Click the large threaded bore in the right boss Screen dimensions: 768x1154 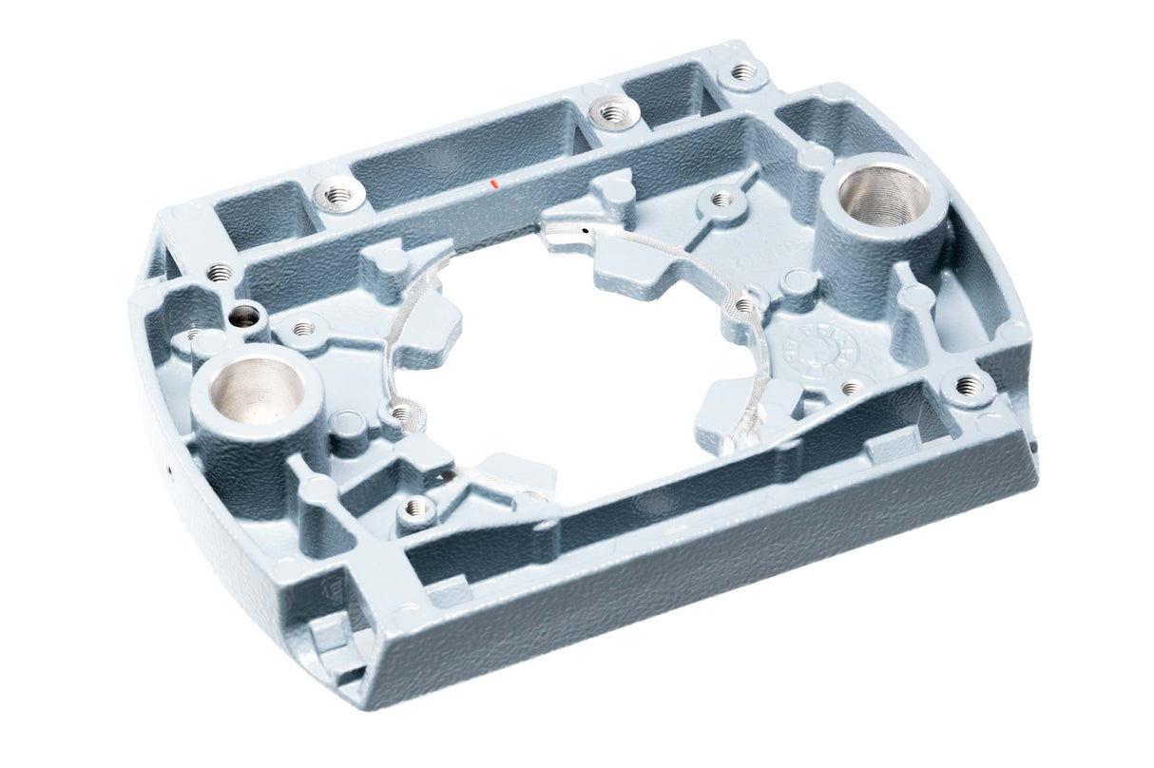881,194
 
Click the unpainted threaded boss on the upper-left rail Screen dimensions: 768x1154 336,195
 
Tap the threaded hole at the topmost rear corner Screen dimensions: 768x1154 743,71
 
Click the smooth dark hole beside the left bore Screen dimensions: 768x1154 245,315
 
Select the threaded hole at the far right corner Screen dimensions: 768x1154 967,385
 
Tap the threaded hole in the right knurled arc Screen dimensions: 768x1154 743,305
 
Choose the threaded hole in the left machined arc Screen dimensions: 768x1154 400,413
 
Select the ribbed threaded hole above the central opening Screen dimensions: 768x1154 721,200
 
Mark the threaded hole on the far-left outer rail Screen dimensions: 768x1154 220,273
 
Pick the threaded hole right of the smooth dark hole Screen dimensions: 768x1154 302,329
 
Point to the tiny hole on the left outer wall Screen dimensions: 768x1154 169,468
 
